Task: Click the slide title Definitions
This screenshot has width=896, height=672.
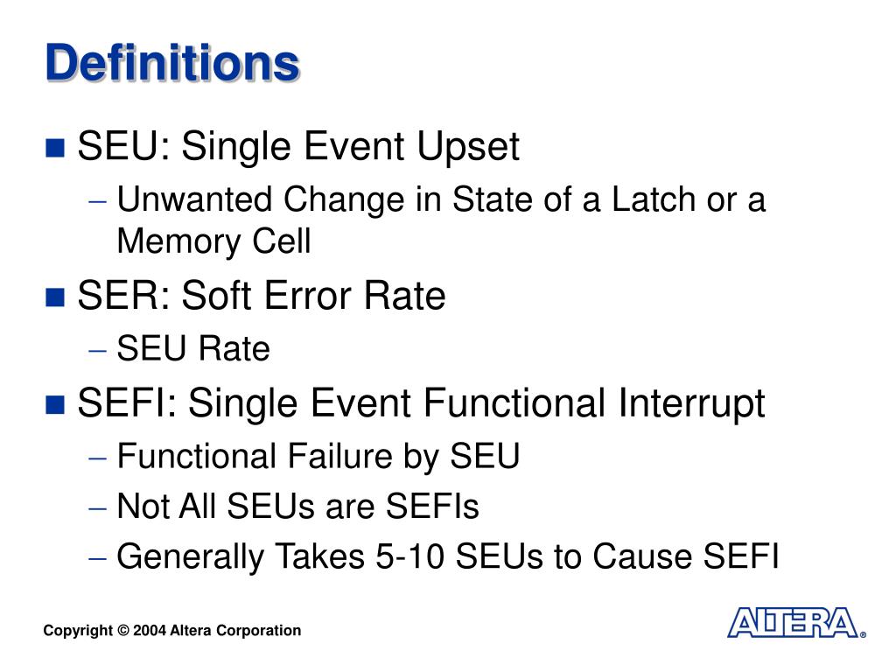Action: click(x=172, y=64)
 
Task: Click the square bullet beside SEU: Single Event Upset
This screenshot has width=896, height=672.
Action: click(x=56, y=148)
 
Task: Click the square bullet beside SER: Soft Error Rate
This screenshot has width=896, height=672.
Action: click(x=56, y=297)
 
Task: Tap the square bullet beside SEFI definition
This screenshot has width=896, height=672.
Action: click(x=56, y=404)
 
